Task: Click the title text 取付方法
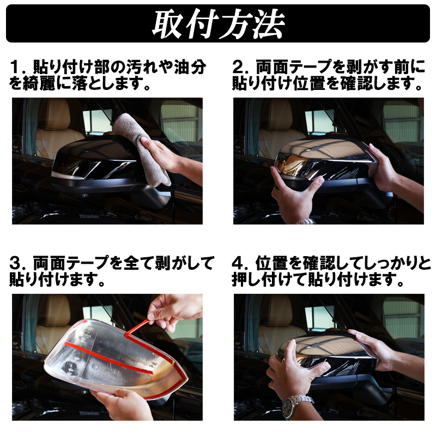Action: click(x=219, y=24)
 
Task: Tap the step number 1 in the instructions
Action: click(x=14, y=67)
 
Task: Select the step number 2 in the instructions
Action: click(x=237, y=67)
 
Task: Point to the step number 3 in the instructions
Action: click(x=15, y=263)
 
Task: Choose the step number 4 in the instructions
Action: click(x=237, y=263)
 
